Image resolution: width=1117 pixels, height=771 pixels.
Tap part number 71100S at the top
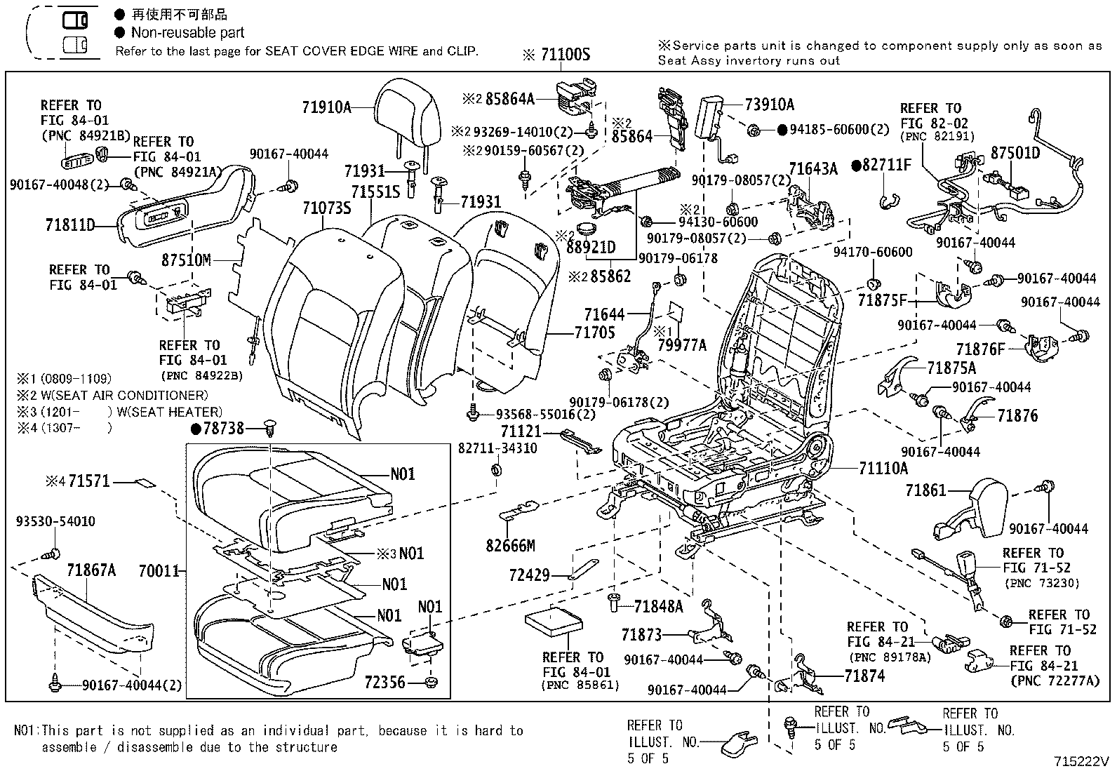(565, 54)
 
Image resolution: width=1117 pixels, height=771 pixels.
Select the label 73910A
(769, 105)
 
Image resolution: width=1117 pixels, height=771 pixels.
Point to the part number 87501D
(1015, 152)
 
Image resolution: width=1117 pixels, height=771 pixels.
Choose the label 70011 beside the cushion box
(159, 572)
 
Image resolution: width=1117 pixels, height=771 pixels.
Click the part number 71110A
(883, 469)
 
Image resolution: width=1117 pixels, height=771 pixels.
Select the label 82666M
(510, 545)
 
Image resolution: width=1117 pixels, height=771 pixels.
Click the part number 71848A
(657, 606)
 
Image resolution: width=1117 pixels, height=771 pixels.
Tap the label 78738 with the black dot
(223, 427)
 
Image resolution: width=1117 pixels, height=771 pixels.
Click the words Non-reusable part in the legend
(187, 32)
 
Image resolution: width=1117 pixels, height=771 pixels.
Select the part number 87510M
(186, 260)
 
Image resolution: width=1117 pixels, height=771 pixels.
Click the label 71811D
(70, 225)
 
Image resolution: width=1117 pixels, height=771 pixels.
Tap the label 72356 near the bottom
(384, 681)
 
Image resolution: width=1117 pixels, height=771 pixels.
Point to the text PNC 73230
(1041, 583)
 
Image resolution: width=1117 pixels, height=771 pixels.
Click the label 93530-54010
(55, 522)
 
